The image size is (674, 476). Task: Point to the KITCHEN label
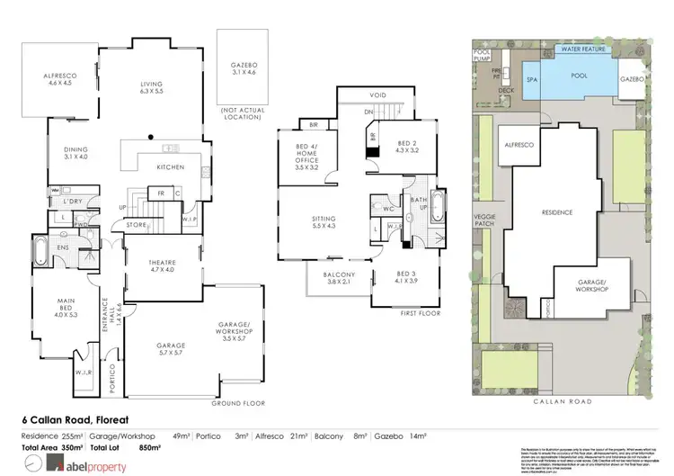coord(171,167)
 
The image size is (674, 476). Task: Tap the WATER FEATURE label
coord(584,49)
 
